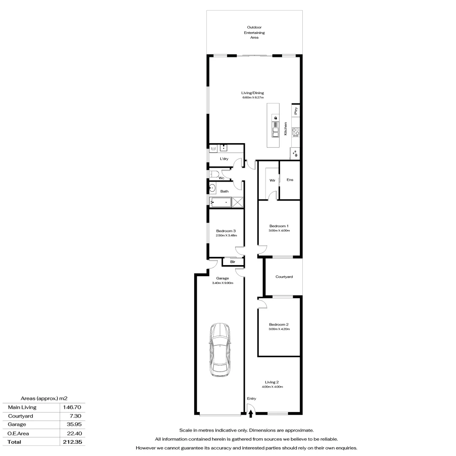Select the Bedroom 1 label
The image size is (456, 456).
279,226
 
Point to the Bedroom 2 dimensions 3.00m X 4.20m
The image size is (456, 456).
279,329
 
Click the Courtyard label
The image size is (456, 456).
284,277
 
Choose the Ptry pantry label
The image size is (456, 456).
296,111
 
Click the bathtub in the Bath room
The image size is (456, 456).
221,202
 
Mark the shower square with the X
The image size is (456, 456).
238,202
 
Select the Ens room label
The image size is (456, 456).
290,180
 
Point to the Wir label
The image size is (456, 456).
272,180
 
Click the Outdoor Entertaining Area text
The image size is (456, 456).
254,33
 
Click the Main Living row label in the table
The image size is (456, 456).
22,407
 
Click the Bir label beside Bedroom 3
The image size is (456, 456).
232,262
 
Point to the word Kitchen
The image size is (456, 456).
286,128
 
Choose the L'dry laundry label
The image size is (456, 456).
224,159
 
